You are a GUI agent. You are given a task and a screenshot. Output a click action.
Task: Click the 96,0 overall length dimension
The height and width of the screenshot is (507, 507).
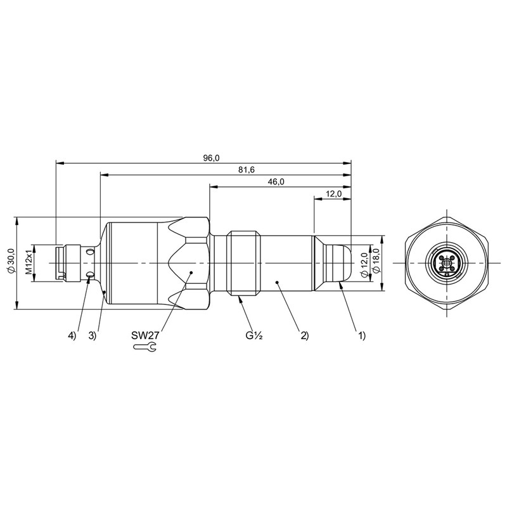click(211, 158)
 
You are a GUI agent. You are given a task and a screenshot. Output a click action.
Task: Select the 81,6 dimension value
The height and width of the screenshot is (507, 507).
click(247, 170)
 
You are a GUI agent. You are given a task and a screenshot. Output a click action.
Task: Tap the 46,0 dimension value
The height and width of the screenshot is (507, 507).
click(276, 182)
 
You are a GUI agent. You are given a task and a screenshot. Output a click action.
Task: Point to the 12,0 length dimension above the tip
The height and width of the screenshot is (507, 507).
click(333, 194)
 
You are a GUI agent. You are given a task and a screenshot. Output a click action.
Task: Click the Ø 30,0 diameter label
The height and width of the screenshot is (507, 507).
click(11, 261)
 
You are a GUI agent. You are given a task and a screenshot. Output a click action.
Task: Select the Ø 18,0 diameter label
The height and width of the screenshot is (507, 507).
click(375, 262)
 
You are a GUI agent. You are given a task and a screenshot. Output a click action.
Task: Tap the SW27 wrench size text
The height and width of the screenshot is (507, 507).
click(145, 335)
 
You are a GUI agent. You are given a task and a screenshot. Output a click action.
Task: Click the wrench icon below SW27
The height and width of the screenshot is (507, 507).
click(145, 347)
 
